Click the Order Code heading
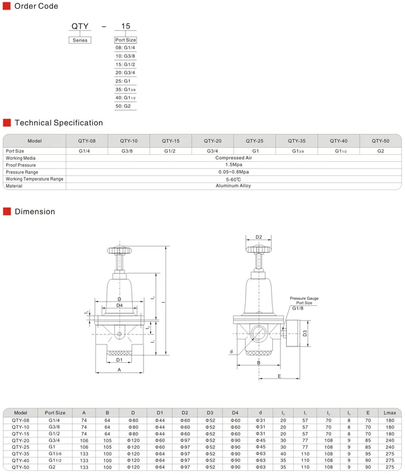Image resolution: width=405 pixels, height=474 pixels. click(36, 6)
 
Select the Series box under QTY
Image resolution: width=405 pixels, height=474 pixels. click(80, 40)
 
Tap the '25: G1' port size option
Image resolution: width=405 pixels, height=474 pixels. click(123, 81)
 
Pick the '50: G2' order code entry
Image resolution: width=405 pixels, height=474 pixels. click(123, 106)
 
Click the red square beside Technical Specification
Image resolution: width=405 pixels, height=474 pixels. click(7, 123)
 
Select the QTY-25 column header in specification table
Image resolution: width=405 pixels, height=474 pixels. click(255, 141)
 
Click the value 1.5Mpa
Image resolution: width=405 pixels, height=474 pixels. click(233, 165)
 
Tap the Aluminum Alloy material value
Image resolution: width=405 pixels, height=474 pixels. click(233, 186)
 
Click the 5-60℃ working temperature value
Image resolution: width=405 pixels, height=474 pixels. click(233, 179)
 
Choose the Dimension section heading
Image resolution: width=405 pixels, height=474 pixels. click(35, 212)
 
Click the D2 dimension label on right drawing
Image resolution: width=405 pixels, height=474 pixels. click(258, 238)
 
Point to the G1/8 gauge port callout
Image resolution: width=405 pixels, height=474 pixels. click(298, 308)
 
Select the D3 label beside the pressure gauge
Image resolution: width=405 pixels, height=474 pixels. click(305, 332)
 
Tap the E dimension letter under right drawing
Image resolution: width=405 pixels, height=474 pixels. click(279, 377)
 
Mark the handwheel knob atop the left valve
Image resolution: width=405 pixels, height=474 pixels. click(118, 251)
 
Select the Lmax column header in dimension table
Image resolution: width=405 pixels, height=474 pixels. click(389, 413)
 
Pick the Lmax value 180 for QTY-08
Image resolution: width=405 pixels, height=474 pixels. click(389, 420)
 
